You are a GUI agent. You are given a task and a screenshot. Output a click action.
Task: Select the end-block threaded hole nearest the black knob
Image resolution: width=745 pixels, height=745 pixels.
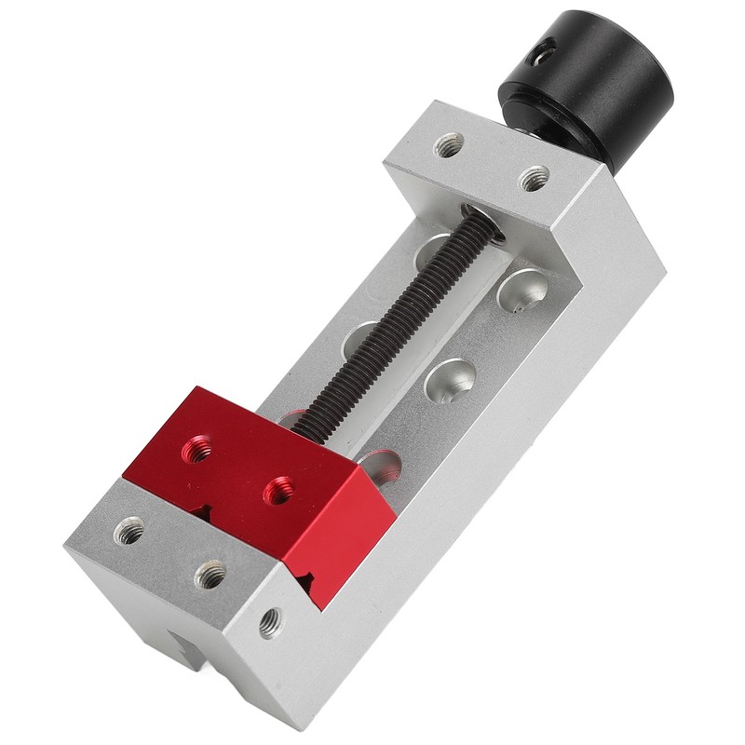pyautogui.click(x=534, y=178)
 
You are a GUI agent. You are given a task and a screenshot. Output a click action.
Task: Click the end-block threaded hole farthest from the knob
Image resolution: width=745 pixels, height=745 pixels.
pyautogui.click(x=449, y=145)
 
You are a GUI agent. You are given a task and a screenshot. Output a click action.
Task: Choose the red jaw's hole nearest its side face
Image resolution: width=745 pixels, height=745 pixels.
pyautogui.click(x=278, y=490)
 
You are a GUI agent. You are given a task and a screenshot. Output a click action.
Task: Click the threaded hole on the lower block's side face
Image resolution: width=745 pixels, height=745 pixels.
pyautogui.click(x=271, y=621)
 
